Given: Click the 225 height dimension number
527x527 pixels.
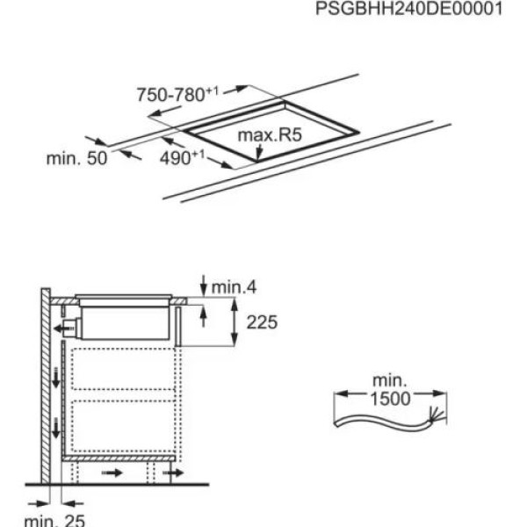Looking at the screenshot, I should coord(262,323).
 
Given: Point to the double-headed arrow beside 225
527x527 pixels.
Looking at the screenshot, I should coord(235,322).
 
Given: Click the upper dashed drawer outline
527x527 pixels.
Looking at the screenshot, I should coord(125,369).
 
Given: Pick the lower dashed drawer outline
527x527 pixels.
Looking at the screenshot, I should coord(125,426).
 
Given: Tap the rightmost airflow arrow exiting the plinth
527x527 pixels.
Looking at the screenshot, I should coord(170,473).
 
